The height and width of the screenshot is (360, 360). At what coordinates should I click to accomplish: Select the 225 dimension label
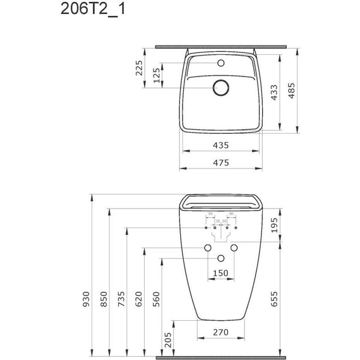point(140,67)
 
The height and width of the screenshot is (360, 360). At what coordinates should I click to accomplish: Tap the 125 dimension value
point(156,76)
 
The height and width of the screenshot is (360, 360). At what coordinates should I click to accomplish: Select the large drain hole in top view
point(220,88)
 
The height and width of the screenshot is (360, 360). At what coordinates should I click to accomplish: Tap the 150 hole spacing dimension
point(219,273)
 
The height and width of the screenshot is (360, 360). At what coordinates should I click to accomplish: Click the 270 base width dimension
point(219,332)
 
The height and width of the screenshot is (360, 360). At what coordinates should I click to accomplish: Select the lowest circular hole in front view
point(220,258)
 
